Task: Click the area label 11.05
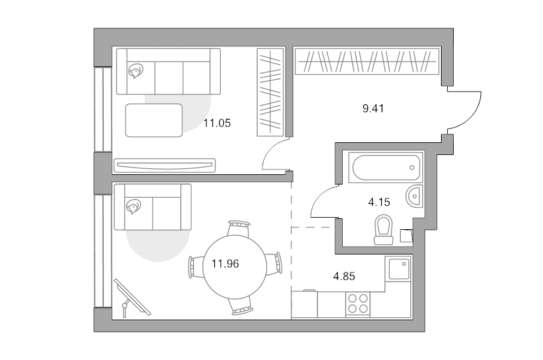coord(217,123)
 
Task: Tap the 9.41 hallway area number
coord(373,109)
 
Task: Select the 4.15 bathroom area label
coord(379,202)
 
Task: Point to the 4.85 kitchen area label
coord(344,276)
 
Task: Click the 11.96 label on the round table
coord(225,264)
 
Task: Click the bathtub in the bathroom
coord(386,167)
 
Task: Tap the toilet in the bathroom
coord(384,230)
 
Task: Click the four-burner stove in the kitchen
coord(358,303)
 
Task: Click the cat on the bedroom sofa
coord(135,71)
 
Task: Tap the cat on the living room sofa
coord(133,207)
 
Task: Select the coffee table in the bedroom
coord(154,120)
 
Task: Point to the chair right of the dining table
coord(274,264)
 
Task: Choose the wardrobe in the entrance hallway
coord(367,62)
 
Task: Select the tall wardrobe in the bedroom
coord(270,92)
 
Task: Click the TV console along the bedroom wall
coord(165,165)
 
